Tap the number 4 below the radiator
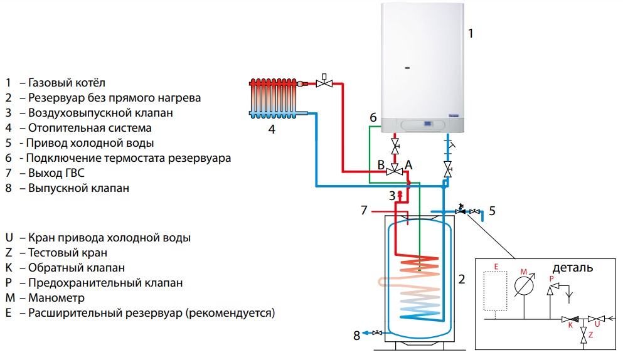(272, 130)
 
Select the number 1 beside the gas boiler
(471, 33)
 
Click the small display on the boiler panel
(428, 124)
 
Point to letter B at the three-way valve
(380, 164)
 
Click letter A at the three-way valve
(409, 164)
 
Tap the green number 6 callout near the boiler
(373, 117)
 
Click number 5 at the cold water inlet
(492, 211)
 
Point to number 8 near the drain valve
(356, 336)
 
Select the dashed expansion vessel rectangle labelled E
(496, 290)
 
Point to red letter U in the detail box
(597, 324)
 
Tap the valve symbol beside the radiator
(324, 83)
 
